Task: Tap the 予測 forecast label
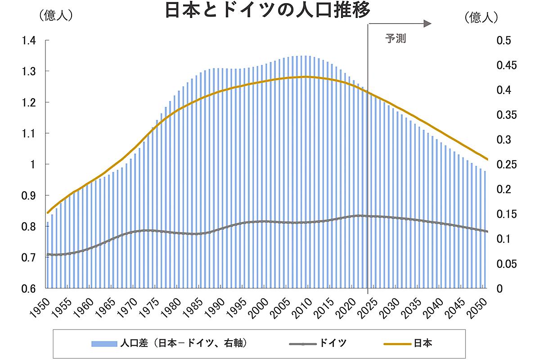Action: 396,39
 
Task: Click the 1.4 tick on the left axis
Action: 28,40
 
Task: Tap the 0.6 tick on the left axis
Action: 28,288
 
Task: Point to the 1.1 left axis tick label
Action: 28,134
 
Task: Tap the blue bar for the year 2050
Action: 485,229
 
